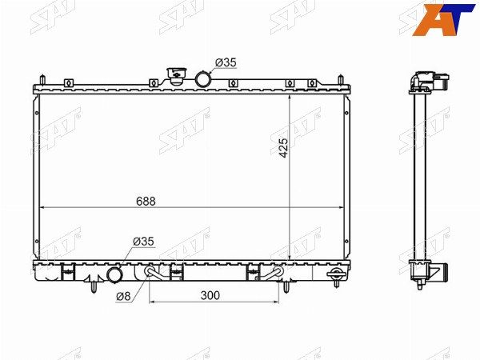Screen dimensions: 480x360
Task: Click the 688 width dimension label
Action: coord(146,201)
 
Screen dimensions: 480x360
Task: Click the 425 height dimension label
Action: coord(283,148)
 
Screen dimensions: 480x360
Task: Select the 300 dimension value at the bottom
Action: coord(210,295)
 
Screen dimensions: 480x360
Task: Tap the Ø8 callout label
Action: coord(123,296)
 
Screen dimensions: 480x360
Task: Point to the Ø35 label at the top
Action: coord(226,62)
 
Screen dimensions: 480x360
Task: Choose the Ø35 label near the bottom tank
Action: coord(143,242)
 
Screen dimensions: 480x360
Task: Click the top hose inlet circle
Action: coord(203,79)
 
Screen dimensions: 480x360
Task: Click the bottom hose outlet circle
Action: coord(114,275)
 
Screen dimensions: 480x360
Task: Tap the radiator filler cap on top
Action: coord(176,76)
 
